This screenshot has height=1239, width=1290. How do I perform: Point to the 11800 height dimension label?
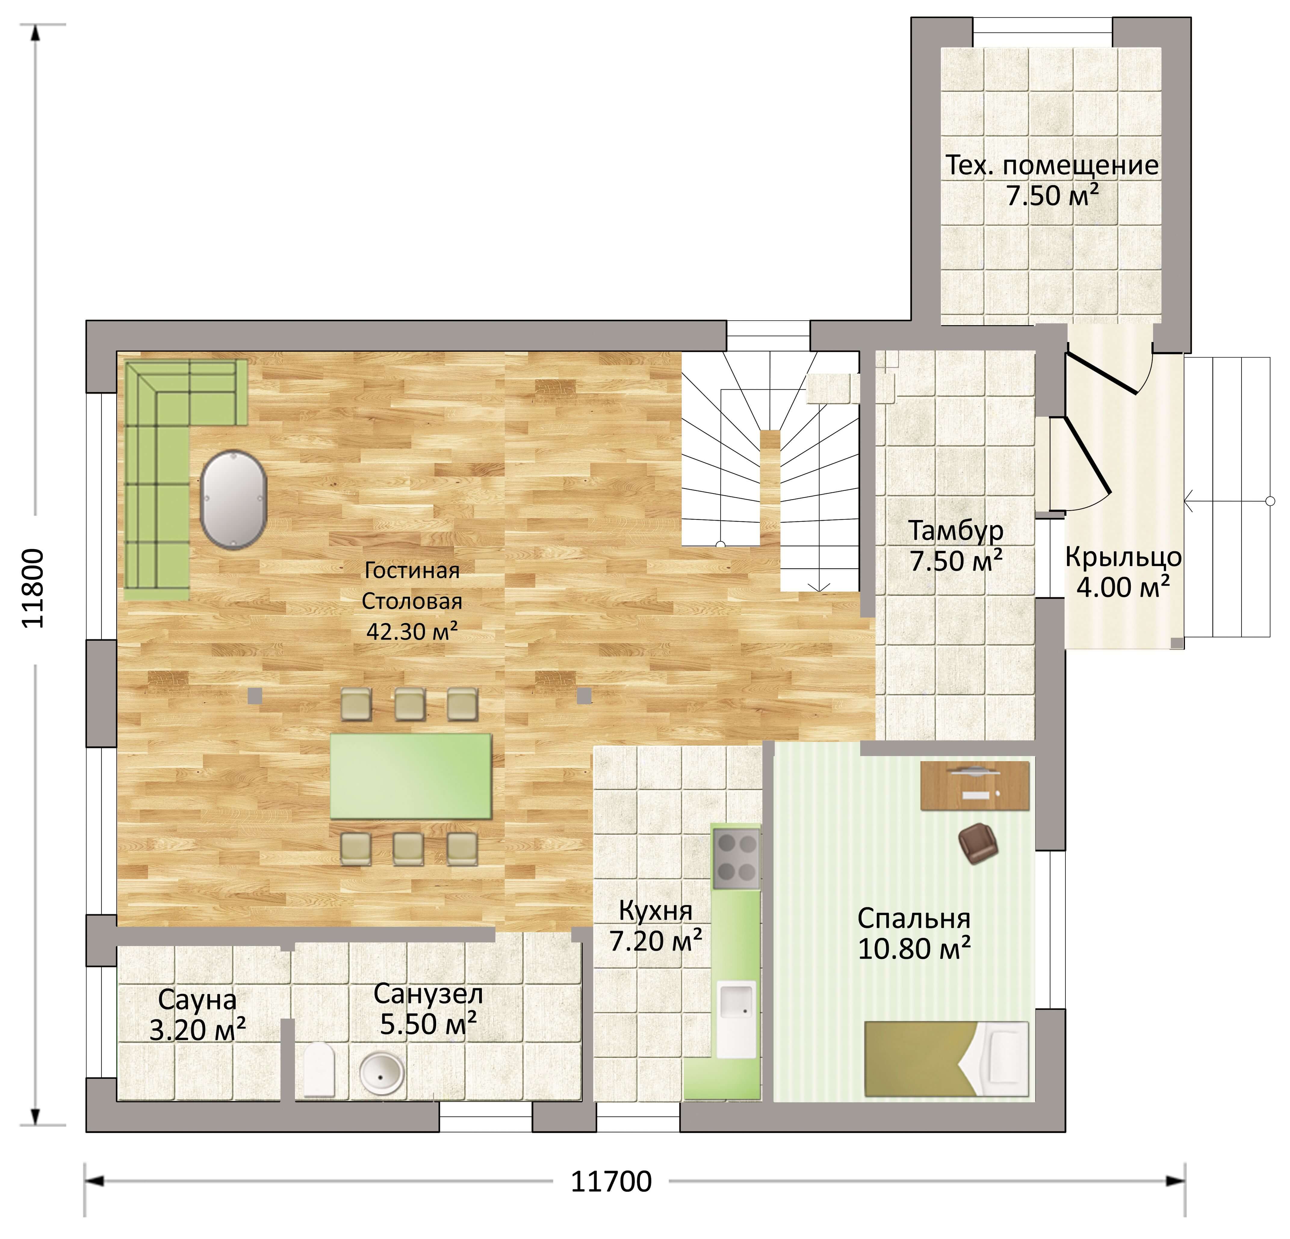pyautogui.click(x=33, y=589)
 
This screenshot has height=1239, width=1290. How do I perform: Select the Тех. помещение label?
pyautogui.click(x=1052, y=165)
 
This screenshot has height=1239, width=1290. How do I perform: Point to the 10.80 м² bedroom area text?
pyautogui.click(x=914, y=948)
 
